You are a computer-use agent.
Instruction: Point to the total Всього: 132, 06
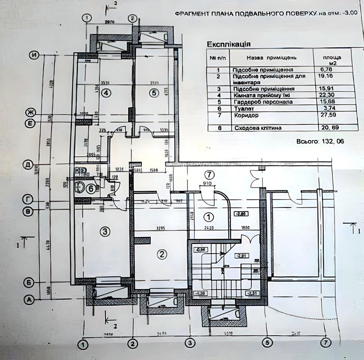tap(320, 141)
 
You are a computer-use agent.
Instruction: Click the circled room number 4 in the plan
tap(105, 93)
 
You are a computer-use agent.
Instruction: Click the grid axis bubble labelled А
tap(28, 299)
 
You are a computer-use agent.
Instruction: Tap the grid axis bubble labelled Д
tap(28, 164)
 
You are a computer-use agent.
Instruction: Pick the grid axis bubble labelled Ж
tap(29, 112)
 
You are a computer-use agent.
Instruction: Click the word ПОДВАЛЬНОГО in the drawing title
tap(262, 14)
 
